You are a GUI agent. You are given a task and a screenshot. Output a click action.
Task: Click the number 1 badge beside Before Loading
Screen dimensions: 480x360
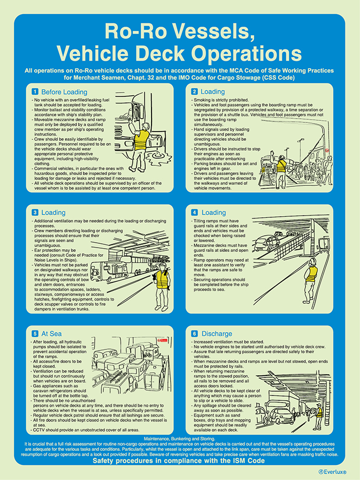(x=35, y=92)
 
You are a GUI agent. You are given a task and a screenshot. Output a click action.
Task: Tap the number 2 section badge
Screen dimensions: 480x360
(x=195, y=92)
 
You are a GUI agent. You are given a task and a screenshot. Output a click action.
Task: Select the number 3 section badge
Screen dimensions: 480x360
(x=35, y=213)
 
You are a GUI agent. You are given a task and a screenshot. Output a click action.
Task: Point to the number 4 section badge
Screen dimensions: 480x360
(x=195, y=213)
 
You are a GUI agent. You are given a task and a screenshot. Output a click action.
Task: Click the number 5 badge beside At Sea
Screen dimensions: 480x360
(x=35, y=334)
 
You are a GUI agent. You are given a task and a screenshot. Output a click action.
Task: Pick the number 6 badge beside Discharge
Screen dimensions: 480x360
(x=195, y=334)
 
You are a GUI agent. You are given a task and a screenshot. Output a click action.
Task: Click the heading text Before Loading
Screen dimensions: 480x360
(x=64, y=92)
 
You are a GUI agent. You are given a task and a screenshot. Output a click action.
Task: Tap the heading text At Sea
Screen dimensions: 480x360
(x=53, y=334)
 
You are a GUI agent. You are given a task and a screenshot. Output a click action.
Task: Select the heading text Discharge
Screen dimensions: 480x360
(x=217, y=334)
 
